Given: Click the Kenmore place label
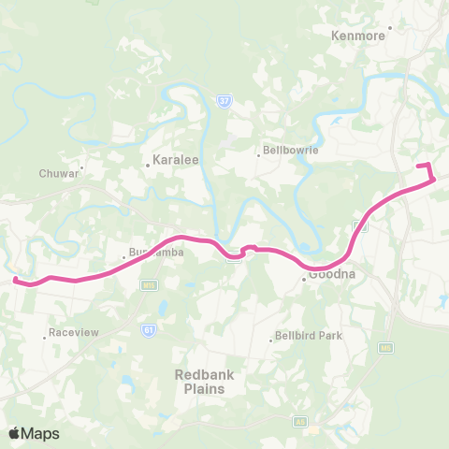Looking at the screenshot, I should click(x=358, y=36).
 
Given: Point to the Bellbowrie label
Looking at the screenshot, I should click(x=291, y=150).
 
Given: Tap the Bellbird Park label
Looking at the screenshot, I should click(x=311, y=336).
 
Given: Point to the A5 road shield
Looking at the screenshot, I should click(x=301, y=421).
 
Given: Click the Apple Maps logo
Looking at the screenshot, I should click(x=35, y=433).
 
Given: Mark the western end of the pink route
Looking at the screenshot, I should click(x=15, y=278).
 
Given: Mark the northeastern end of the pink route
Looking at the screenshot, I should click(x=418, y=166).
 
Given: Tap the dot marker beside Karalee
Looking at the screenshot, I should click(x=148, y=165).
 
